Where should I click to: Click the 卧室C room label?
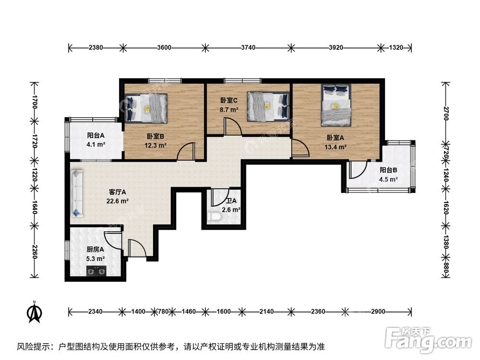pos(228,100)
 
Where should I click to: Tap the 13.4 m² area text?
pos(335,147)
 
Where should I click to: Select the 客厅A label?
pos(117,192)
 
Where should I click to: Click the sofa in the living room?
pos(76,193)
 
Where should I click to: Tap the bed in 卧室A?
pos(336,105)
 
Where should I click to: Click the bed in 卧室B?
pos(146,108)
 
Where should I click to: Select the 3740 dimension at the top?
pos(248,48)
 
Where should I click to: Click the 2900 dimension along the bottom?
pos(378,312)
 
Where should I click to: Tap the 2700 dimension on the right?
pos(446,113)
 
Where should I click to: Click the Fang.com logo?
pos(428,339)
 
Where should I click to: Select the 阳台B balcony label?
pos(388,170)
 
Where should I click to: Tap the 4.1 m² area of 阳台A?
pos(96,144)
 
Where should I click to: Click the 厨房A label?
pos(95,250)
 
